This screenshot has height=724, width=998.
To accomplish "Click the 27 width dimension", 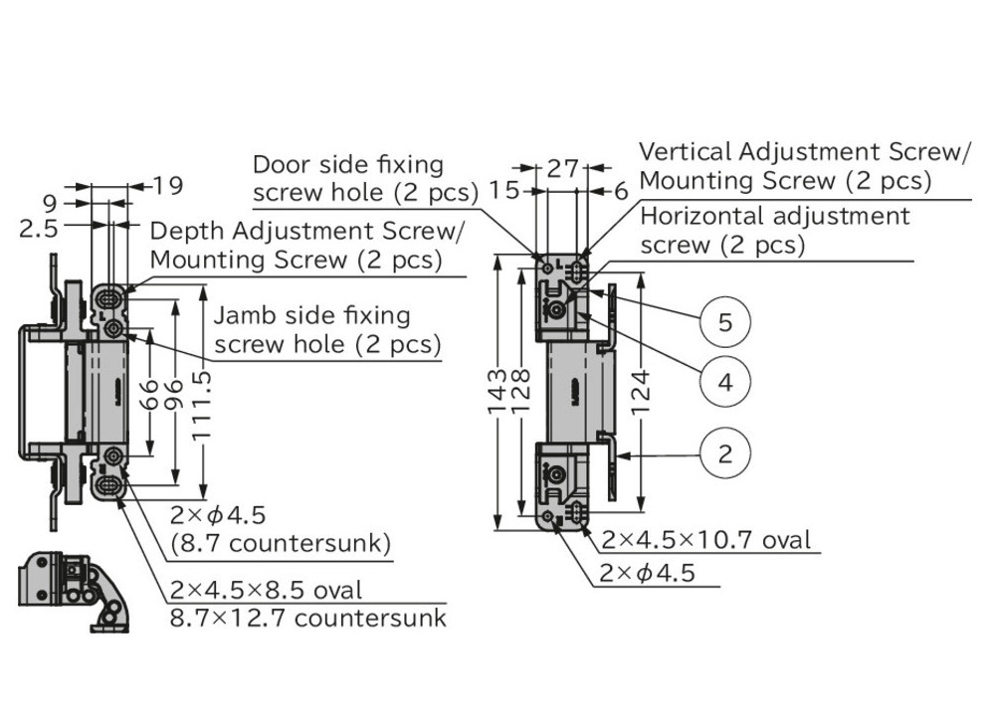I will (x=563, y=169).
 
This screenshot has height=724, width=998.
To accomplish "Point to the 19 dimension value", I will (x=168, y=186).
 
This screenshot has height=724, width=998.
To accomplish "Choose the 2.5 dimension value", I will (x=37, y=229).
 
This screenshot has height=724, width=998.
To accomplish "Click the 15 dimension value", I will (x=505, y=190).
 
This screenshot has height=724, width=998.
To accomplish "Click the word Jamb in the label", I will (x=243, y=316).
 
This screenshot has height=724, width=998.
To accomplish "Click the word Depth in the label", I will (x=183, y=232).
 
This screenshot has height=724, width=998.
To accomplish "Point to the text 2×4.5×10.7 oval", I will (x=705, y=540).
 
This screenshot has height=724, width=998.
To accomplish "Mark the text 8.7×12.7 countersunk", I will (x=307, y=618).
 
